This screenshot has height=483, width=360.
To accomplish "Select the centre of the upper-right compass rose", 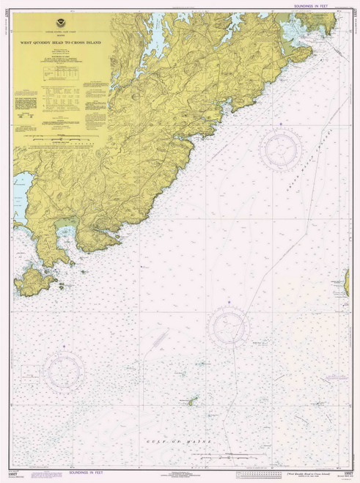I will click(280, 150).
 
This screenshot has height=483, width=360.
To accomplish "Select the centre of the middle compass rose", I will click(229, 327).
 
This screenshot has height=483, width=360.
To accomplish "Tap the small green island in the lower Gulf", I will click(194, 400).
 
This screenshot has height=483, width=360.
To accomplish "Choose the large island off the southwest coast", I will click(32, 281).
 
